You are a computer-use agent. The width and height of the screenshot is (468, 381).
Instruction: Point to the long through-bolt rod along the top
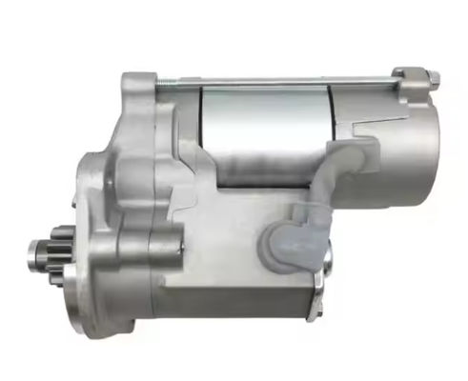[x=286, y=82]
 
